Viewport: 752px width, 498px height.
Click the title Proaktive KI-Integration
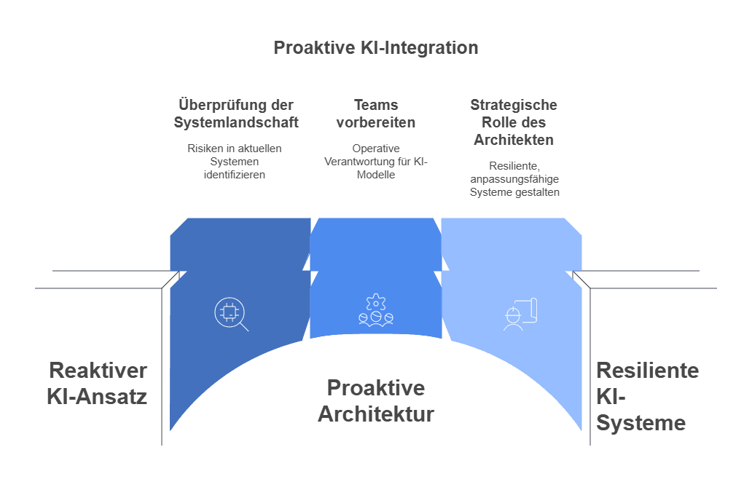[x=375, y=48]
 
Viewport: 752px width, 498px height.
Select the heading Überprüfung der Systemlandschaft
[x=236, y=114]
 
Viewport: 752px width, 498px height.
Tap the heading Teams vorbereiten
[x=375, y=114]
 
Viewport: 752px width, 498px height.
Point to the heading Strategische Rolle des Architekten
[x=514, y=122]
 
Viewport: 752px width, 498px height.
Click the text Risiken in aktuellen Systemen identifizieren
[x=234, y=161]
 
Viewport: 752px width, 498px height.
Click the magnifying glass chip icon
[x=230, y=314]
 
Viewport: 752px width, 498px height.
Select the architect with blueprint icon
[x=520, y=314]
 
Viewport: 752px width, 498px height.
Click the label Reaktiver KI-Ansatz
[x=98, y=383]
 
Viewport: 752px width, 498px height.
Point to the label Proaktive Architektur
[x=375, y=400]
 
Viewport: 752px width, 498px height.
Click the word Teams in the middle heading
[x=375, y=105]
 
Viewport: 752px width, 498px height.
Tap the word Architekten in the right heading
[x=514, y=140]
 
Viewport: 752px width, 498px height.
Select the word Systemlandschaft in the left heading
[x=236, y=122]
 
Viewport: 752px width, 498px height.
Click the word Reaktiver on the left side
[x=98, y=370]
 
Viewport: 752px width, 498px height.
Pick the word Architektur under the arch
[x=375, y=414]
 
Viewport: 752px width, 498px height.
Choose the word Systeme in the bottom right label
[x=641, y=423]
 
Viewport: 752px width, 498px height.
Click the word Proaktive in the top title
[x=314, y=48]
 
